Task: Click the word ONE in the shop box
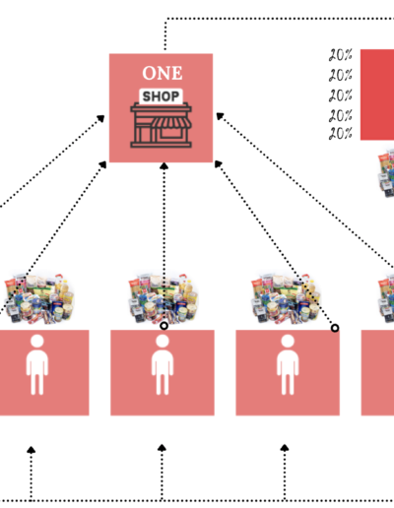[163, 73]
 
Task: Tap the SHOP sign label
[161, 96]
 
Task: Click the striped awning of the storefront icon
[170, 123]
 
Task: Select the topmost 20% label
[341, 55]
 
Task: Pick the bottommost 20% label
[341, 134]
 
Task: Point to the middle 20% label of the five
[341, 95]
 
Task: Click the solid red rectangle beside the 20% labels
[377, 95]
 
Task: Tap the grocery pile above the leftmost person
[38, 298]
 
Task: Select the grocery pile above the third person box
[286, 298]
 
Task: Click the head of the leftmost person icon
[37, 342]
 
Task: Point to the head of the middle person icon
[163, 342]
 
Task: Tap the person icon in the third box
[288, 364]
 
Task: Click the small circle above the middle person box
[164, 326]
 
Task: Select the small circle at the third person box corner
[335, 328]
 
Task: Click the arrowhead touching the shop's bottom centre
[164, 166]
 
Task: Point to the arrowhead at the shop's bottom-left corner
[102, 164]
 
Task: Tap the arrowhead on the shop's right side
[220, 116]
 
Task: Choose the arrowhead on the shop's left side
[100, 118]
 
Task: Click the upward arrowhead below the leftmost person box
[31, 450]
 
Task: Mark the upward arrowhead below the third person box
[285, 448]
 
